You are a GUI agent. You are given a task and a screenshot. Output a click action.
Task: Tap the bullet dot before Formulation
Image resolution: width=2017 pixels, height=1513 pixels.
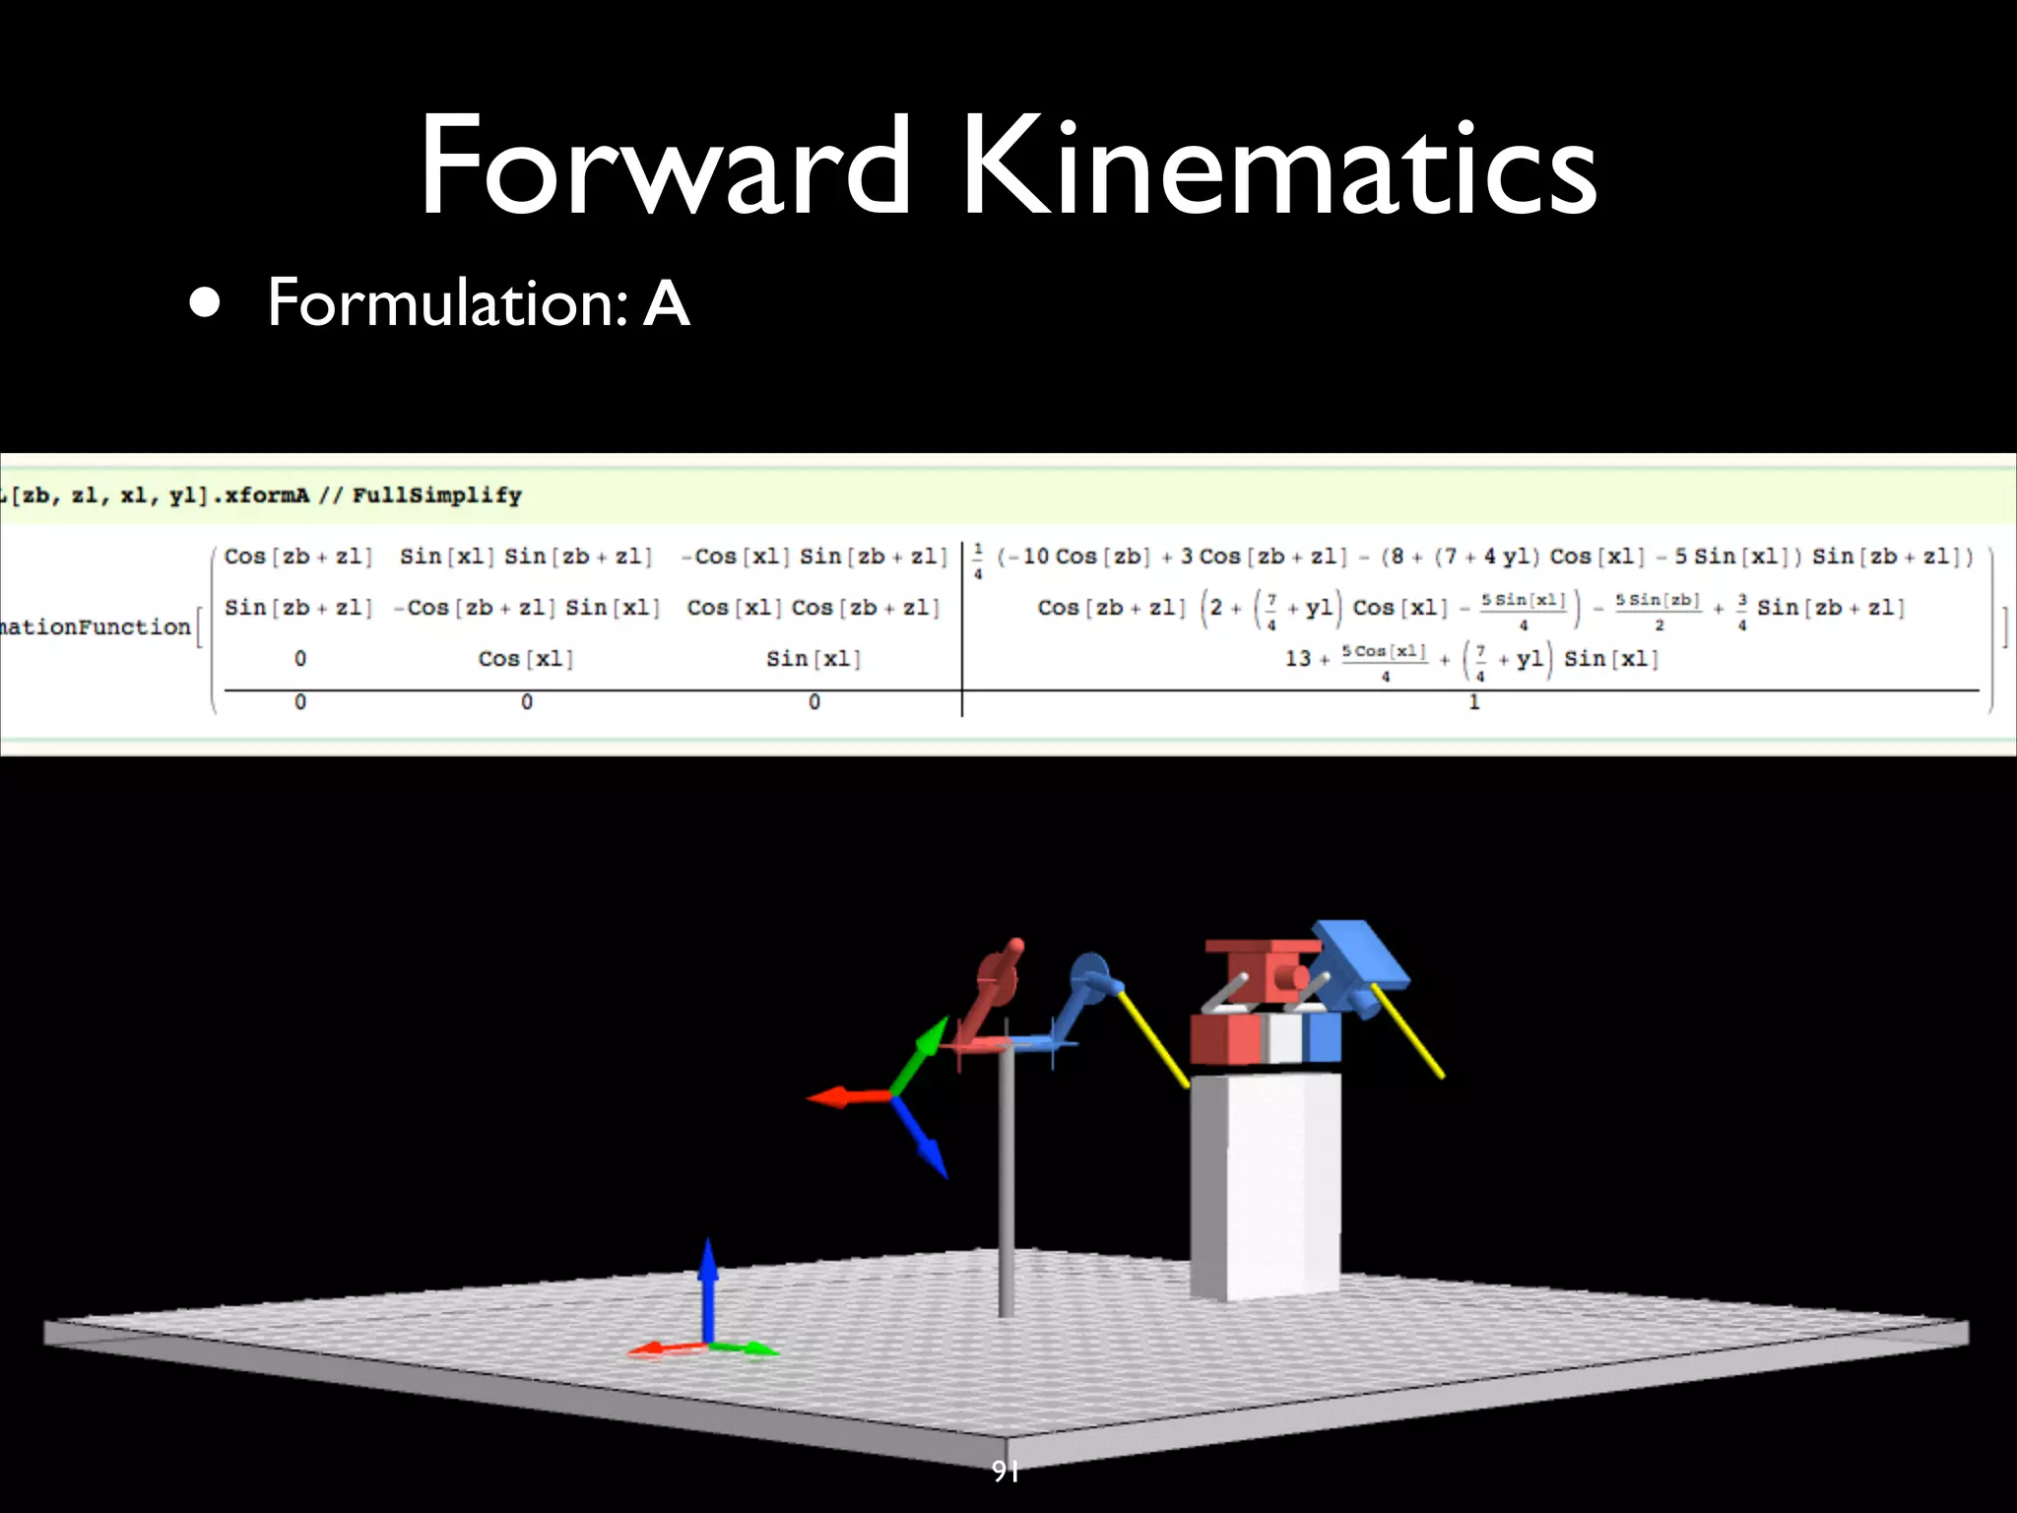[x=205, y=303]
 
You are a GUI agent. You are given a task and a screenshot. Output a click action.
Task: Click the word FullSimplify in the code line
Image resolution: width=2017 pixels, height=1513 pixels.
[x=436, y=495]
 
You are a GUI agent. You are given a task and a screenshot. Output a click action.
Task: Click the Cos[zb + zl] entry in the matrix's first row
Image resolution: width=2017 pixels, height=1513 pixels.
[x=297, y=557]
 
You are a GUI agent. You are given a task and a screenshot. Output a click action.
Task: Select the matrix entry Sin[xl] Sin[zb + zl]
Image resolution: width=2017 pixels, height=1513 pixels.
[x=526, y=557]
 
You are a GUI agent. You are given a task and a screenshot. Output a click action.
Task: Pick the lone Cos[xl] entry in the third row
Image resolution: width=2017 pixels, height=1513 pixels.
[x=526, y=659]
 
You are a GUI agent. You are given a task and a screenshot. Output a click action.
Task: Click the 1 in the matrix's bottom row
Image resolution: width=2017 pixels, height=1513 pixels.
[x=1473, y=702]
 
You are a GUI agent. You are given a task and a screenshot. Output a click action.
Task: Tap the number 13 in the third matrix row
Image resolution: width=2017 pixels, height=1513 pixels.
[x=1298, y=659]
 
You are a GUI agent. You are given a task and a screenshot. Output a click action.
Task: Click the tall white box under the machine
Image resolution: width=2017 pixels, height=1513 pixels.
[x=1265, y=1182]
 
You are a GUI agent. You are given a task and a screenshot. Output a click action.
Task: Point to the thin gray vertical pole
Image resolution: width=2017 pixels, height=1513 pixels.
[x=1006, y=1182]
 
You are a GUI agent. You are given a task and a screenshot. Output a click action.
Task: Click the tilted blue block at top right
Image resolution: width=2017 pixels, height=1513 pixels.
[x=1359, y=955]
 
